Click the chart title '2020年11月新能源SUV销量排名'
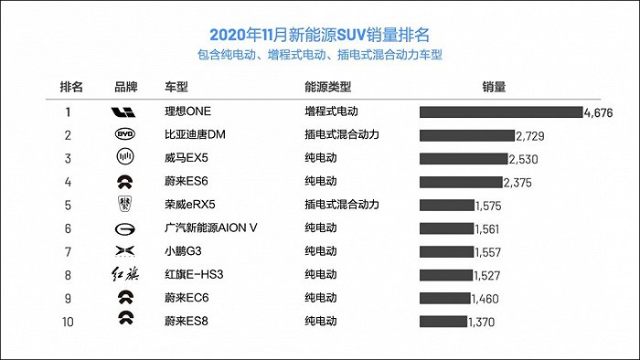(x=319, y=35)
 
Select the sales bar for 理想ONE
(x=500, y=111)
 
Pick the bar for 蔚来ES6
(x=461, y=182)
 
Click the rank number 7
(x=67, y=251)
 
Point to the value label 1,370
(x=482, y=322)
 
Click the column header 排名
(x=71, y=88)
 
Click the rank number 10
(x=67, y=321)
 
